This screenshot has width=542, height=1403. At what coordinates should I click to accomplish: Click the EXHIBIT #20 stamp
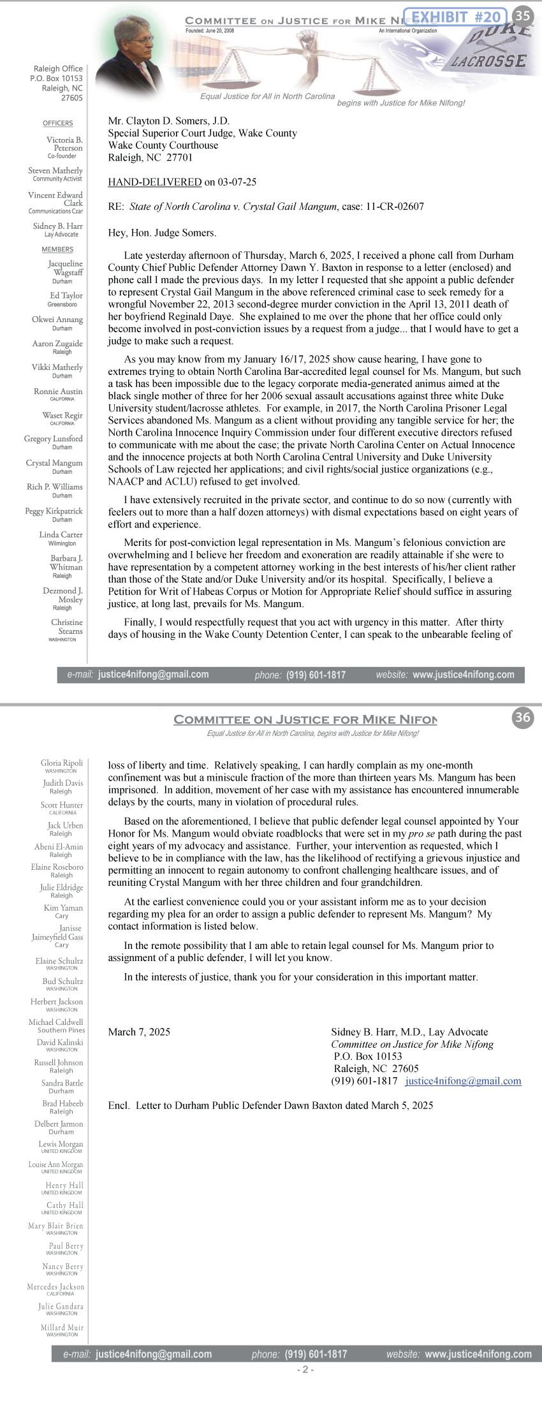tap(455, 17)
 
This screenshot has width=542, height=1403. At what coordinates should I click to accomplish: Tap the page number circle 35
tap(523, 16)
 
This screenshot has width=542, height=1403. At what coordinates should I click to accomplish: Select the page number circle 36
tap(523, 717)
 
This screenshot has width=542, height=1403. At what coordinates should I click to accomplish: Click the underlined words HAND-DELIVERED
tap(154, 182)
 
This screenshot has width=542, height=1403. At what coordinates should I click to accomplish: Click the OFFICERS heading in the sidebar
tap(58, 123)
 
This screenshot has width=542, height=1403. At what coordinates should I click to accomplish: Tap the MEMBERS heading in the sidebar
tap(57, 249)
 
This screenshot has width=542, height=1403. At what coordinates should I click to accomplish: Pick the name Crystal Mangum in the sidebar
tap(54, 463)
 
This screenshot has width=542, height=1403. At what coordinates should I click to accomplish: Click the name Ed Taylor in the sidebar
tap(66, 295)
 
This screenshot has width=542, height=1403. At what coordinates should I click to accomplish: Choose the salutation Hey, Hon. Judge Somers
tap(162, 233)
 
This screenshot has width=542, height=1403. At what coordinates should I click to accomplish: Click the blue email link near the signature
tap(463, 1081)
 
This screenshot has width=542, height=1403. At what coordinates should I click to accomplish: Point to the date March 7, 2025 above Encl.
tap(139, 1032)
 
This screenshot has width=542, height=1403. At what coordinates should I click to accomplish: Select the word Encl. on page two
tap(119, 1105)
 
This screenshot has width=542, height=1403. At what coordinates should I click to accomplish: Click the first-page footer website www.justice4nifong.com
tap(464, 675)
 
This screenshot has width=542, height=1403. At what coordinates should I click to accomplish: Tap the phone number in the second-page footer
tap(316, 1354)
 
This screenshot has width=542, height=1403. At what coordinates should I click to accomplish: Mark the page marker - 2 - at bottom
tap(305, 1369)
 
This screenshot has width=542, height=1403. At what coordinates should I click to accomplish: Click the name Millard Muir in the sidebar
tap(62, 1327)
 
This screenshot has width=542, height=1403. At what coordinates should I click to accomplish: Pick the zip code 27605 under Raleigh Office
tap(72, 98)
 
